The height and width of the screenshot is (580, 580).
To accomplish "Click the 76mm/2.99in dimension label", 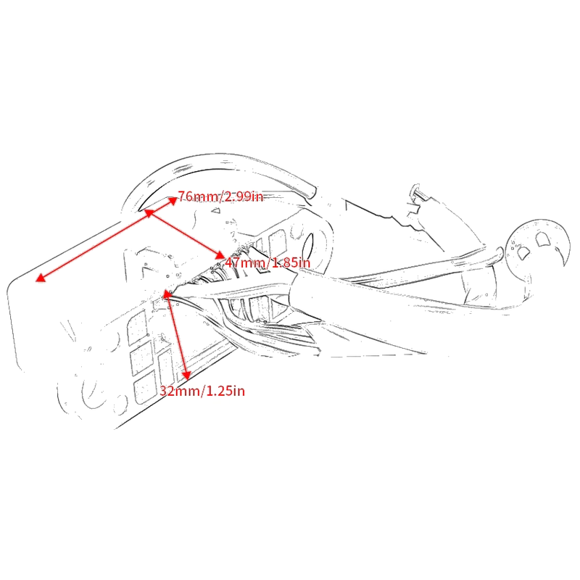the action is [x=220, y=196].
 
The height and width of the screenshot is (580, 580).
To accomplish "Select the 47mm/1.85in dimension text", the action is [x=268, y=262].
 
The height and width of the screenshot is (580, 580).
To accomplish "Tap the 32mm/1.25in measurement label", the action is [x=202, y=391].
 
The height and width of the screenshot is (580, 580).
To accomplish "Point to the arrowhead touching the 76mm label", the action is [x=173, y=201].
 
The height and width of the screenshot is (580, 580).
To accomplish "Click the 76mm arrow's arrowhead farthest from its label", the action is [x=41, y=278].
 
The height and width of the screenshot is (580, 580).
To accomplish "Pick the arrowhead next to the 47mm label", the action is [x=220, y=255].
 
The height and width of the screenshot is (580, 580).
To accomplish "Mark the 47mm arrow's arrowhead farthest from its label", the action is [x=149, y=212].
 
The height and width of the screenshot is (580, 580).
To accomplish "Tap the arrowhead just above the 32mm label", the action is [x=186, y=375].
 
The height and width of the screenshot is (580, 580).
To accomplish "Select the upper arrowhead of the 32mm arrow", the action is [x=167, y=295].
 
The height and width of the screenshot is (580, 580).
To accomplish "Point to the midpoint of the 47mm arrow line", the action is [x=184, y=233].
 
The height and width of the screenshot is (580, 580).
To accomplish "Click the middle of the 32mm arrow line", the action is [x=177, y=335].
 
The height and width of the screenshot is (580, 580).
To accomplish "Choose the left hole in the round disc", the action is [x=523, y=253].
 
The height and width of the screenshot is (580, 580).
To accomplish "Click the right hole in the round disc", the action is [x=542, y=239].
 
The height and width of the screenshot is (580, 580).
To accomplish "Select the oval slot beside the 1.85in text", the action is [x=310, y=246].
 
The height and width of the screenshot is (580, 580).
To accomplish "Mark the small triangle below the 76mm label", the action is [x=215, y=211].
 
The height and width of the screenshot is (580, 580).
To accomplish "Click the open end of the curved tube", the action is [x=312, y=193].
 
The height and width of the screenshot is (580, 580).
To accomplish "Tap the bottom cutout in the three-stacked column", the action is [x=144, y=387].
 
